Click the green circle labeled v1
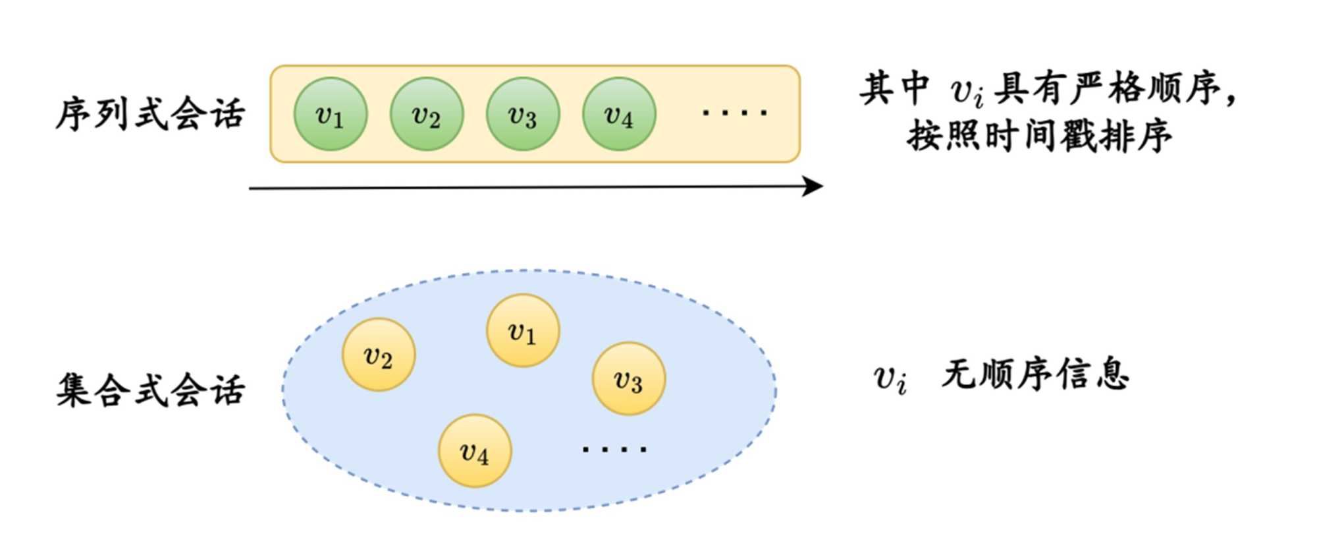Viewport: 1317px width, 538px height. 330,114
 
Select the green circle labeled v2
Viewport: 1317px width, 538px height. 426,114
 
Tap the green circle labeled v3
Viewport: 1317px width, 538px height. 523,114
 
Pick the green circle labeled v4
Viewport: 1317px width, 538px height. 619,114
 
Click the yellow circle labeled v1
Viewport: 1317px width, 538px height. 523,330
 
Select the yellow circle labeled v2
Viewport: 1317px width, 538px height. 379,355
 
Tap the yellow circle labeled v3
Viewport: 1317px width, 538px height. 629,378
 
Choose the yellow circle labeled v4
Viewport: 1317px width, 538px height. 475,451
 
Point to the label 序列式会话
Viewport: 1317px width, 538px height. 150,114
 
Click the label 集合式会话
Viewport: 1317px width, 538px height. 150,390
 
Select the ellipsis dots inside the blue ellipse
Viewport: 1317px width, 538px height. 614,450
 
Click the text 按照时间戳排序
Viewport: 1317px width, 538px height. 1039,137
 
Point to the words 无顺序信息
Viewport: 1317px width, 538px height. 1035,375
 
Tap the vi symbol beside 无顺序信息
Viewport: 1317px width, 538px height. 890,378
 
